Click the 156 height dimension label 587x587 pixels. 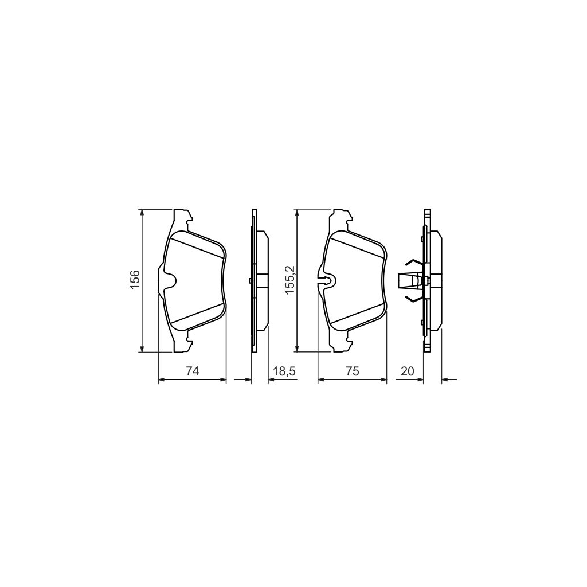(134, 280)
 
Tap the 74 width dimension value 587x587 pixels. (192, 371)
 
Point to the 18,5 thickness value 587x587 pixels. (284, 371)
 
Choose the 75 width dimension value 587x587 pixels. (352, 371)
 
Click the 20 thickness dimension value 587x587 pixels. (407, 371)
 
